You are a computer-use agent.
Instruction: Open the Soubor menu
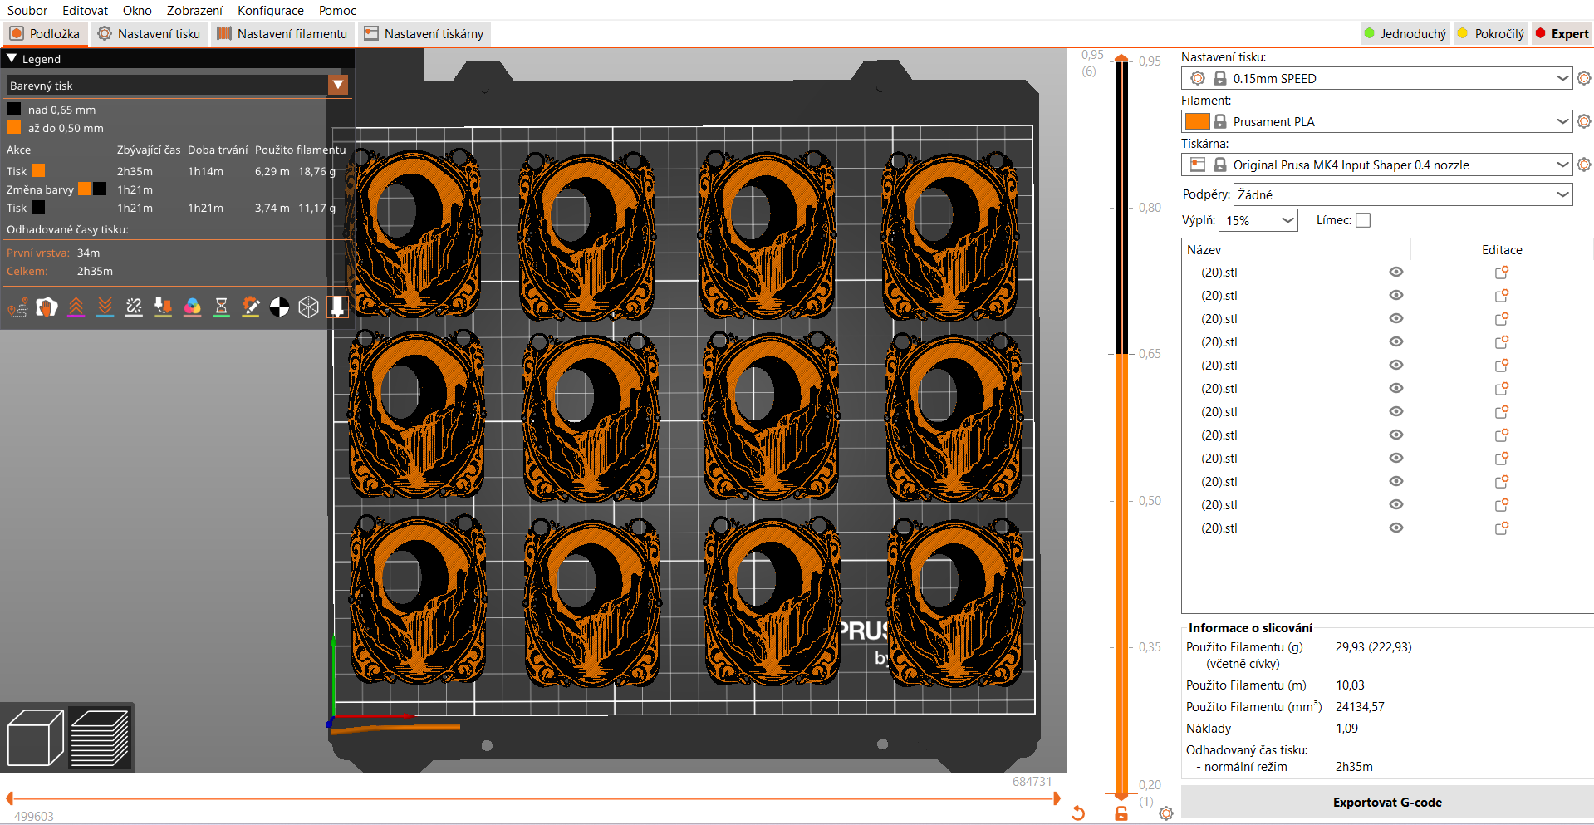pos(27,11)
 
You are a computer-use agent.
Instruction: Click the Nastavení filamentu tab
pos(282,34)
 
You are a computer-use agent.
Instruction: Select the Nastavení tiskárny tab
pos(424,34)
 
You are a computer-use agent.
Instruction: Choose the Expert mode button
pos(1562,34)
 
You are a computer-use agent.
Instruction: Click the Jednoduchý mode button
pos(1405,34)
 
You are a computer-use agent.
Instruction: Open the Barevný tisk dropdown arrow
pos(338,85)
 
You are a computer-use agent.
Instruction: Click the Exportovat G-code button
pos(1387,803)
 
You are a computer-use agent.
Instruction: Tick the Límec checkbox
pos(1363,220)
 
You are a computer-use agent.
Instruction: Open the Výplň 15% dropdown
pos(1258,220)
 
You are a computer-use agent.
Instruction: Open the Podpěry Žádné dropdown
pos(1403,194)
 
